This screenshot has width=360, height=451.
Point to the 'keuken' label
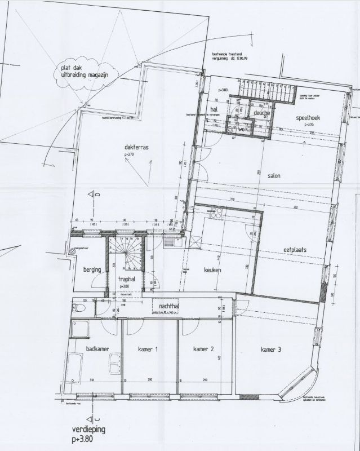tap(212, 270)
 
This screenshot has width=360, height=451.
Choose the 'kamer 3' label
tap(271, 350)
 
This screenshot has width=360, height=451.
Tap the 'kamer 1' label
tap(148, 350)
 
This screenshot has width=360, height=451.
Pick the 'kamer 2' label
tap(203, 350)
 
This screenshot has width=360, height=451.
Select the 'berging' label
tap(92, 270)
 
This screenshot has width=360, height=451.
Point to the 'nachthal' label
tap(170, 306)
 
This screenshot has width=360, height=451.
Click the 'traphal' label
tap(128, 278)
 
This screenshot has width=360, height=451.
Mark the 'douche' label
tap(261, 113)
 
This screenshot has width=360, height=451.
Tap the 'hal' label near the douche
tap(214, 109)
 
